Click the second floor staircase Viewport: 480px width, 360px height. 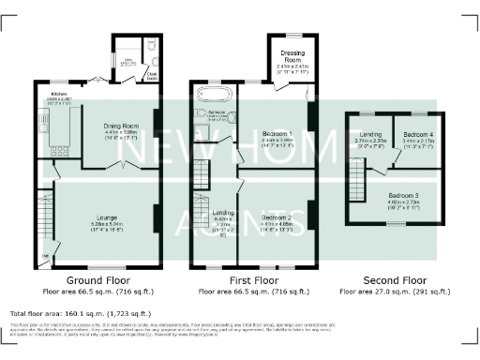point(356,176)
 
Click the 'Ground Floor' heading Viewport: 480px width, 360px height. point(97,280)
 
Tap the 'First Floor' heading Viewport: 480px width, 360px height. point(253,280)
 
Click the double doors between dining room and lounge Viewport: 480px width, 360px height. point(118,165)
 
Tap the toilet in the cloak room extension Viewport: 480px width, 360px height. point(150,46)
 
